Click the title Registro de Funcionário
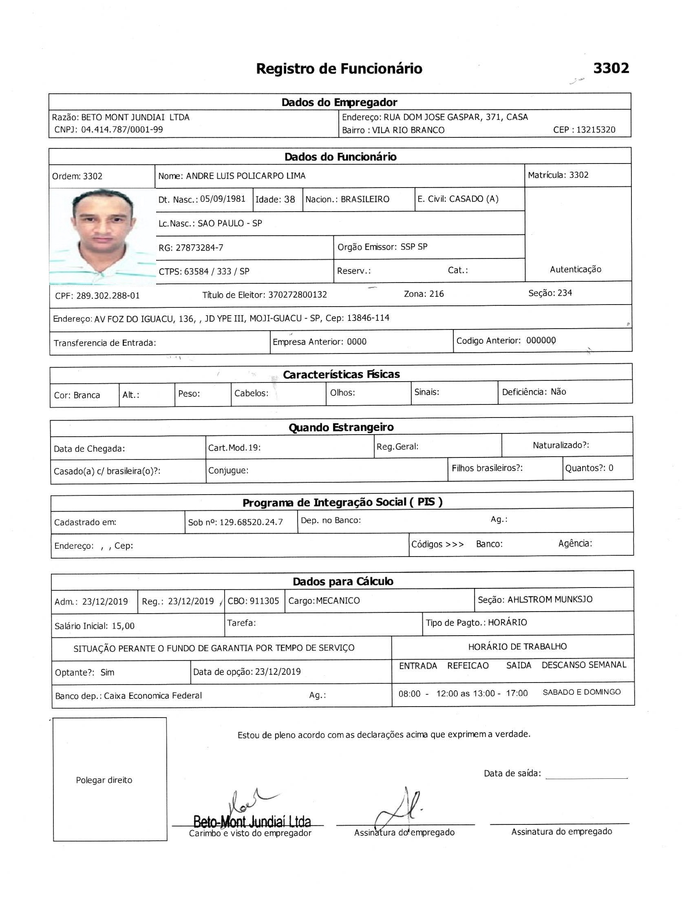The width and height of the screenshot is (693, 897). point(339,68)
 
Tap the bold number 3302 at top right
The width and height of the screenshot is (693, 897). point(611,68)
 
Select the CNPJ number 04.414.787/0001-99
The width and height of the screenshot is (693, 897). point(121,130)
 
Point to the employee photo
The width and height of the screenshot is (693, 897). point(102,236)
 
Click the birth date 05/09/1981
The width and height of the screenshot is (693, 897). point(223,199)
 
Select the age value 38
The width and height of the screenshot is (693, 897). point(289,200)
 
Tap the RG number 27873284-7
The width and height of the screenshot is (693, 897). point(199,247)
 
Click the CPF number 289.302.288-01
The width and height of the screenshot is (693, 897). point(108,296)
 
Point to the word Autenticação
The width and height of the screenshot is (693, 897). point(575,270)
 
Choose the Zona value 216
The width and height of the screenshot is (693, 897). point(437,294)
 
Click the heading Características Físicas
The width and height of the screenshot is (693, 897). point(341,374)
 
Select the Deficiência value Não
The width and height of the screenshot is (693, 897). point(558,392)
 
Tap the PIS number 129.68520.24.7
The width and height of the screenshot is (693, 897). point(251,522)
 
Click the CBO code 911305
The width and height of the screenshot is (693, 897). point(265,601)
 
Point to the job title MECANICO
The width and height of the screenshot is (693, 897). point(338,601)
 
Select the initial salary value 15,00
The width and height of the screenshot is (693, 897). point(123,626)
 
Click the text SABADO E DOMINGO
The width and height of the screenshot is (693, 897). point(581,692)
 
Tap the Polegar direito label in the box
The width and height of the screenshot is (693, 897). point(104,780)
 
